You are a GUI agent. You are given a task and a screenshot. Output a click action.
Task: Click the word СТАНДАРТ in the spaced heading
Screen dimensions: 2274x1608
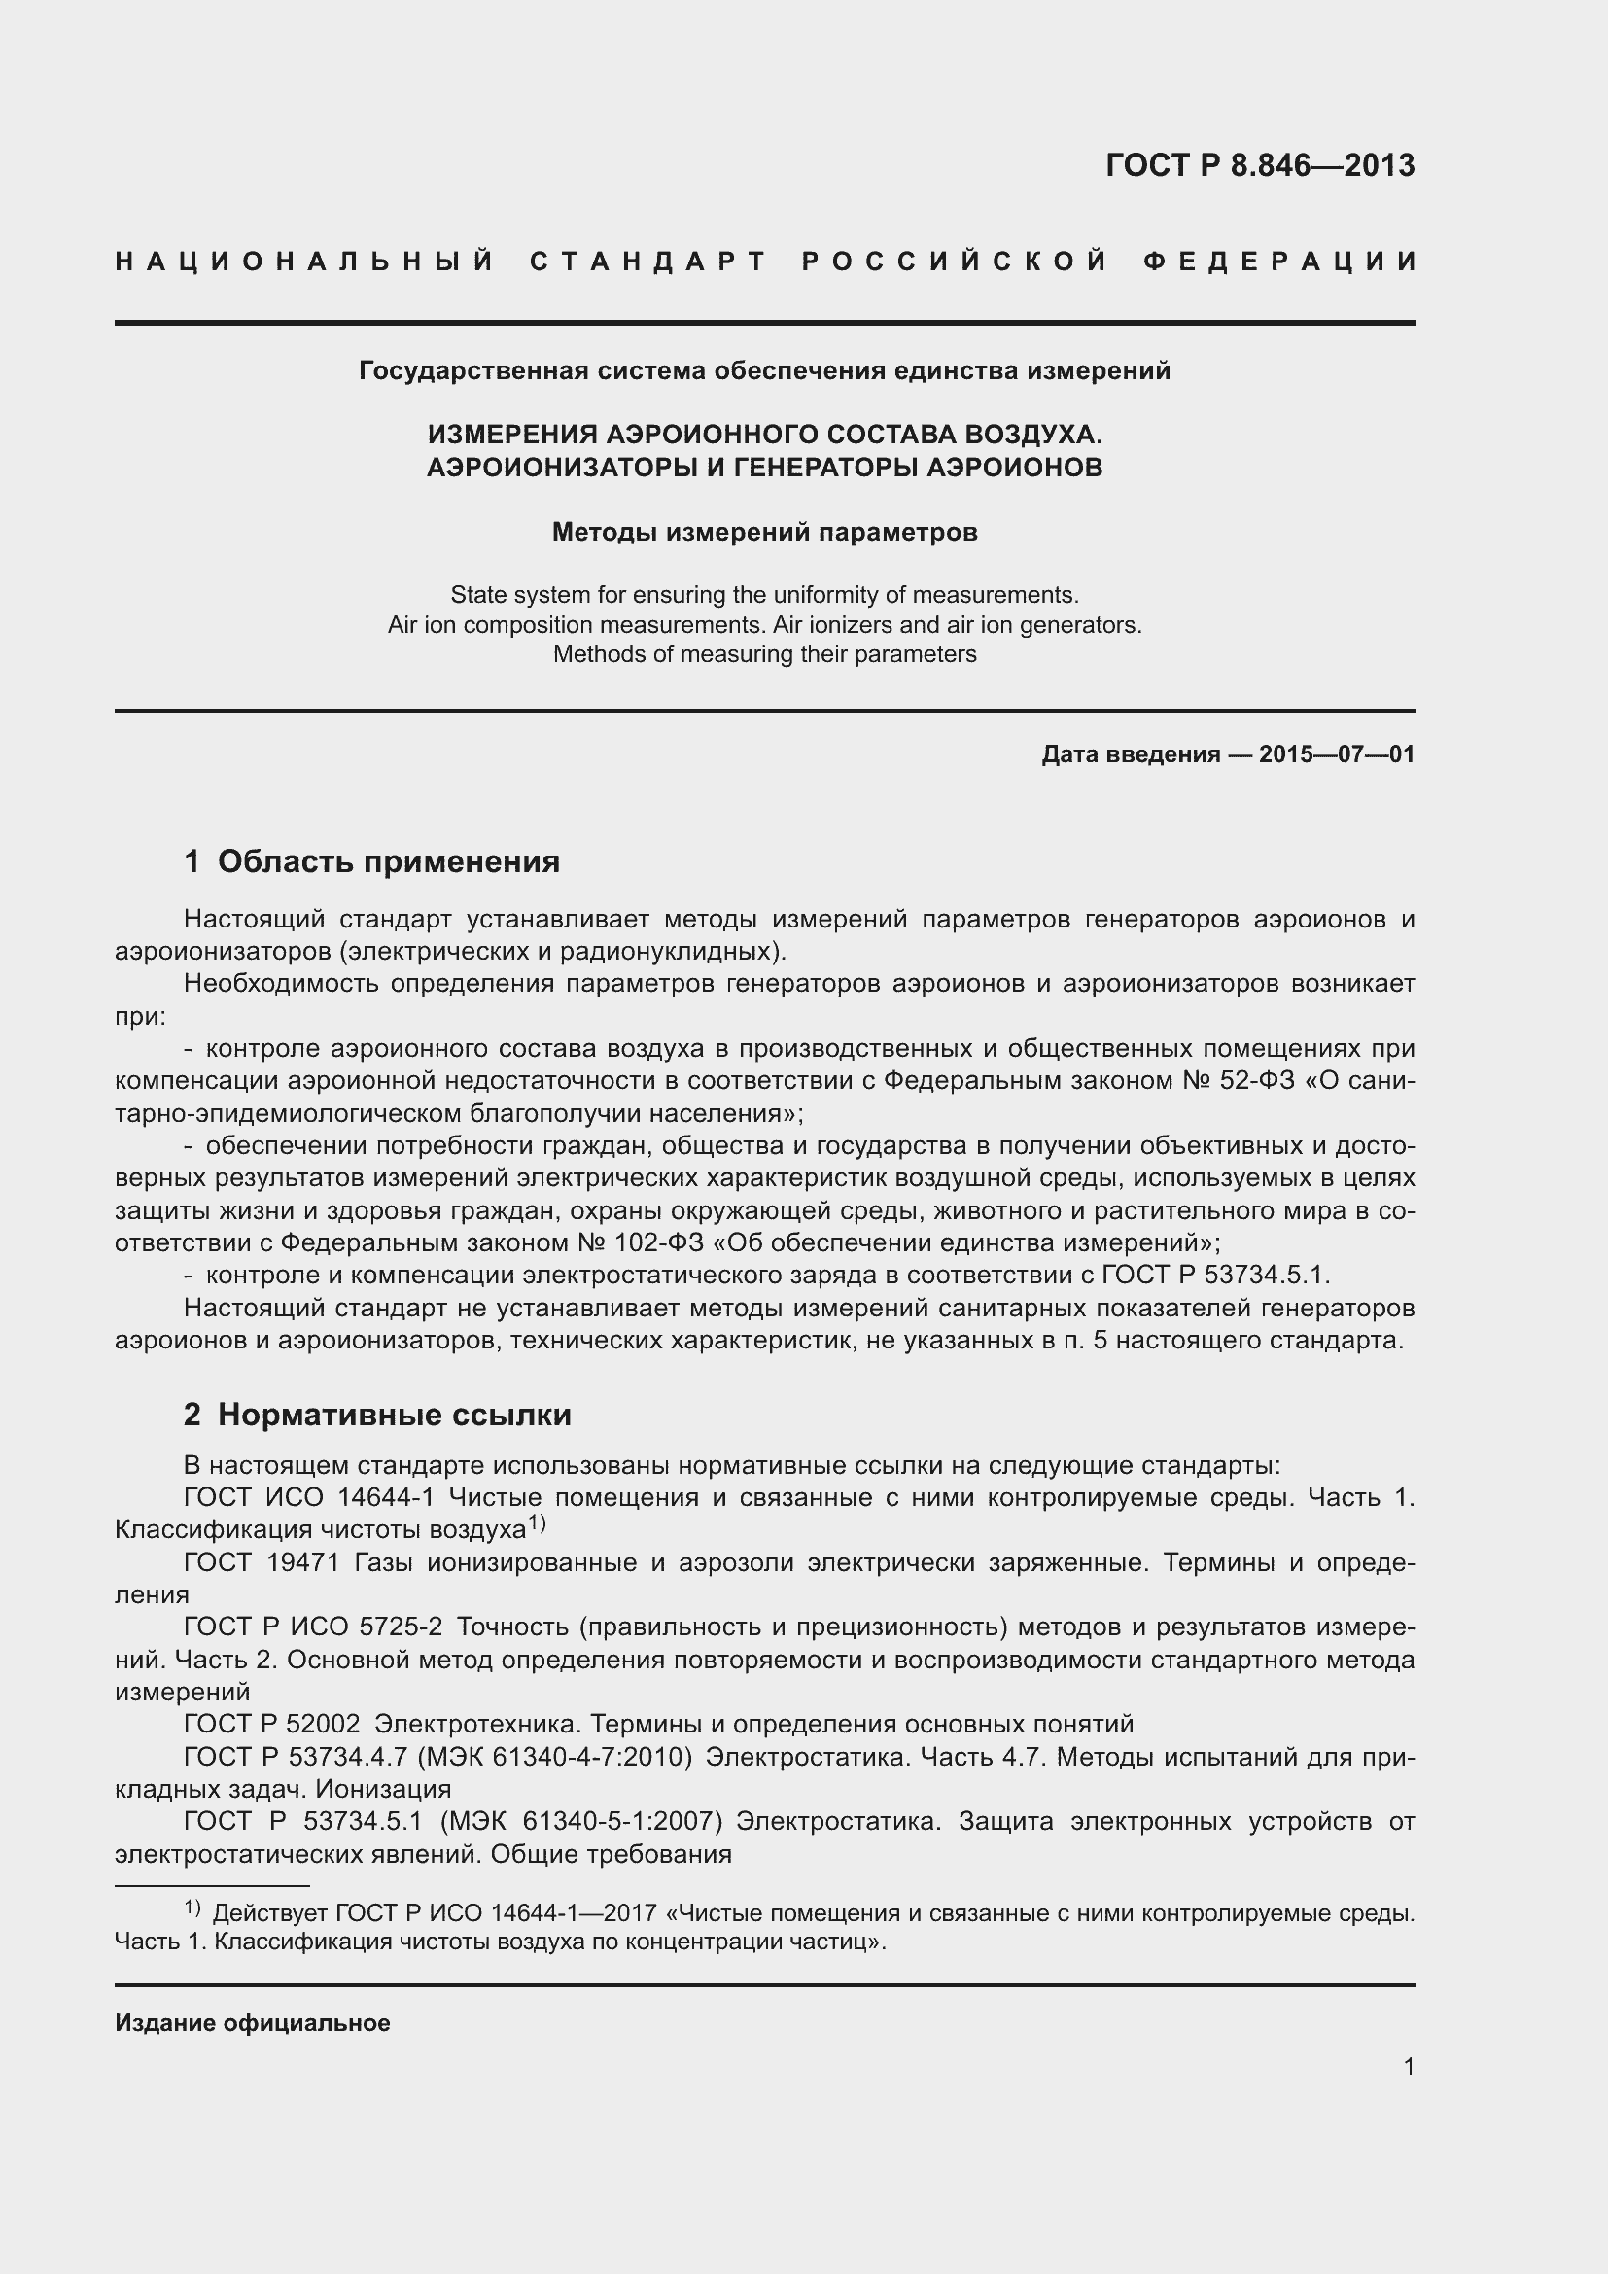click(x=648, y=262)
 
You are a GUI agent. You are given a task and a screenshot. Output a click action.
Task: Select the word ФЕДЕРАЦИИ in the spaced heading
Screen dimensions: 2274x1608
click(x=1279, y=262)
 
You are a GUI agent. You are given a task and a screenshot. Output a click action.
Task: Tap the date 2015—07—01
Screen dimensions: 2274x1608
click(x=1336, y=754)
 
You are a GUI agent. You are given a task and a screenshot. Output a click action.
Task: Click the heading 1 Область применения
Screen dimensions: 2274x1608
click(x=371, y=861)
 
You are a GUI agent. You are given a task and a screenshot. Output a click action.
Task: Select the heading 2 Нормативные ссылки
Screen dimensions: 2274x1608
click(x=377, y=1416)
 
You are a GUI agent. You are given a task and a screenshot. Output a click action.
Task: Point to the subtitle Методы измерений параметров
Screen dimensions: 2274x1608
click(x=764, y=533)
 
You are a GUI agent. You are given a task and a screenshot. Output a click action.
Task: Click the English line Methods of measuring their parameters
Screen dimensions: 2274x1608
click(x=764, y=654)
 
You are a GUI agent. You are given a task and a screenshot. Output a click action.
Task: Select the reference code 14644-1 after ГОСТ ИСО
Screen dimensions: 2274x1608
click(x=386, y=1497)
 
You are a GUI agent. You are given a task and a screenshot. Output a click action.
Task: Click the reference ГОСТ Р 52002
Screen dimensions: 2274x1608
click(x=272, y=1725)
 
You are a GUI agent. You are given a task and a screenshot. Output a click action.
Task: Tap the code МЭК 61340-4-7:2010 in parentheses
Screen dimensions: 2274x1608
click(x=553, y=1757)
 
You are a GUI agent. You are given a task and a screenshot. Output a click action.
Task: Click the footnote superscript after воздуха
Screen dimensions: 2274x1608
click(x=537, y=1524)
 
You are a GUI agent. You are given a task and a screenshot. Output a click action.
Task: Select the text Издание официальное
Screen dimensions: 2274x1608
click(x=253, y=2022)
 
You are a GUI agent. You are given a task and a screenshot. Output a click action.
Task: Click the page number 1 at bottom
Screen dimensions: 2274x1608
click(x=1408, y=2066)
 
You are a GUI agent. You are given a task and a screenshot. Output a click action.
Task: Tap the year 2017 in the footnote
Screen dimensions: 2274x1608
click(x=629, y=1913)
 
